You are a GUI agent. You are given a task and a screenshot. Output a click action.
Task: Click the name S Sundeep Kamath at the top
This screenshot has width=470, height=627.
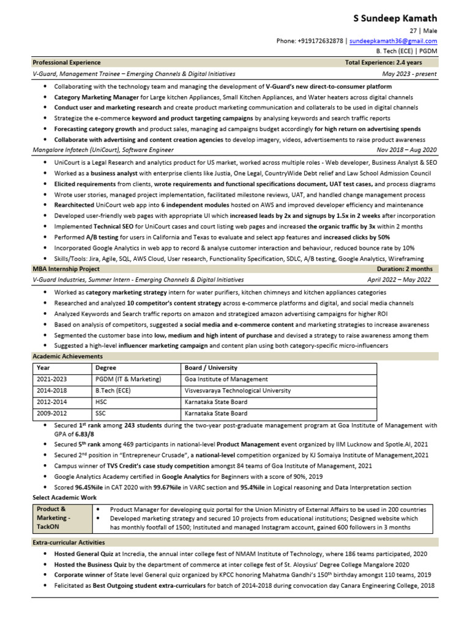click(x=395, y=18)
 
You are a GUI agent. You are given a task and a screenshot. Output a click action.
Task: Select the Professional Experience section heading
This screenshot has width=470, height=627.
click(x=64, y=62)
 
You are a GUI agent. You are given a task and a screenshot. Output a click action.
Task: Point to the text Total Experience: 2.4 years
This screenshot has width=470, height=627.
click(x=384, y=62)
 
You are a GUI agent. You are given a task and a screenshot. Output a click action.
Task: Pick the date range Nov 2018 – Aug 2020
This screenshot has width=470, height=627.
click(x=407, y=149)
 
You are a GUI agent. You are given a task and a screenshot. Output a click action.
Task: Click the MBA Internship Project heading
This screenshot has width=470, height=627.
click(x=66, y=269)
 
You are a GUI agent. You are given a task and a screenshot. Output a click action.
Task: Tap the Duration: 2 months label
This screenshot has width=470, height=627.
click(x=405, y=269)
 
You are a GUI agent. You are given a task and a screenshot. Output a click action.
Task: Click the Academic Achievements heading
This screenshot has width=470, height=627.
click(x=68, y=356)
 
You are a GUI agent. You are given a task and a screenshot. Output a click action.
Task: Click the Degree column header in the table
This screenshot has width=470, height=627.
click(x=105, y=368)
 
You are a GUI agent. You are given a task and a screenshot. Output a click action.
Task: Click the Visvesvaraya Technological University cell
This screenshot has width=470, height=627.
click(x=237, y=391)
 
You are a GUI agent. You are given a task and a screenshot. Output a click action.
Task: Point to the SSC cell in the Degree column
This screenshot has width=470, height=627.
click(x=101, y=413)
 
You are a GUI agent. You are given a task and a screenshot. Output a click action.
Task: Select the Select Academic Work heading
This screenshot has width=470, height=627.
click(x=64, y=498)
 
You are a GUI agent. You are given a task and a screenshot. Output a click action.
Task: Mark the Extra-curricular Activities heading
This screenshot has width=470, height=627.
click(x=69, y=543)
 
